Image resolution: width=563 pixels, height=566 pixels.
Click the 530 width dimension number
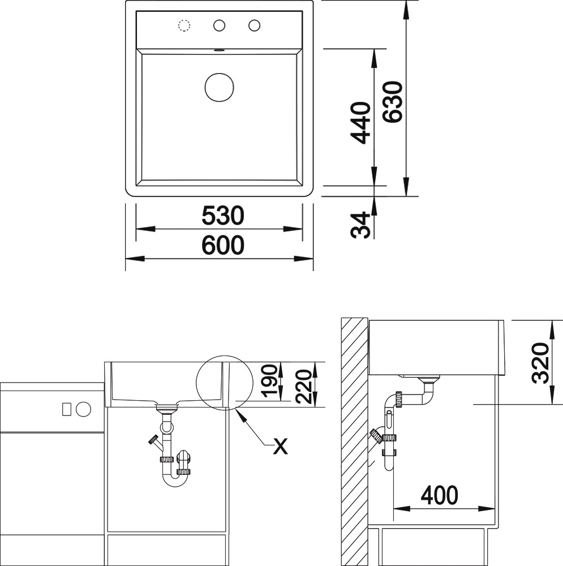coord(223,216)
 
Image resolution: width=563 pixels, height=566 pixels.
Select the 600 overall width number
coord(223,245)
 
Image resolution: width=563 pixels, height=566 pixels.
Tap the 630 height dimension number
coord(392,102)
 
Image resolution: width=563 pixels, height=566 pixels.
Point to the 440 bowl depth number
coord(360,123)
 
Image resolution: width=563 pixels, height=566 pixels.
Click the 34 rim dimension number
coord(360,225)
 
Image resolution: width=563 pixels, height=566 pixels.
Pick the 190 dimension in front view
coord(270,381)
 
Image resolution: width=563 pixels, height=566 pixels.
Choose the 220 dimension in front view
coord(303,386)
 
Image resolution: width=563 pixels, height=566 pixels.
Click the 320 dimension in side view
coord(540,363)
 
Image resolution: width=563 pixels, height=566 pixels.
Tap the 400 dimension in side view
coord(440,495)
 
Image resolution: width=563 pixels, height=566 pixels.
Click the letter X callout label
coord(281,446)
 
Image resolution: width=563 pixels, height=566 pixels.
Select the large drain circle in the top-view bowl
coord(219,87)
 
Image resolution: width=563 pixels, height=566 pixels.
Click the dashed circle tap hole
coord(184,25)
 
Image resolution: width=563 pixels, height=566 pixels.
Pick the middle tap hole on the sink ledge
coord(219,25)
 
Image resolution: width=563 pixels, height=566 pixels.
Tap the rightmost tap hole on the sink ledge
coord(254,25)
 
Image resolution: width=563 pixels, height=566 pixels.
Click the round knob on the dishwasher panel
coord(83,409)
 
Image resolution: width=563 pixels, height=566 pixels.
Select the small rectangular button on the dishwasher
coord(66,409)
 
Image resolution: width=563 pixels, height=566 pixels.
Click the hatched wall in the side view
coord(355,441)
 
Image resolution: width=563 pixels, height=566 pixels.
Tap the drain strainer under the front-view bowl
coord(166,408)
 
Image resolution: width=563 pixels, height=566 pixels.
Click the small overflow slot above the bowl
coord(219,50)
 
